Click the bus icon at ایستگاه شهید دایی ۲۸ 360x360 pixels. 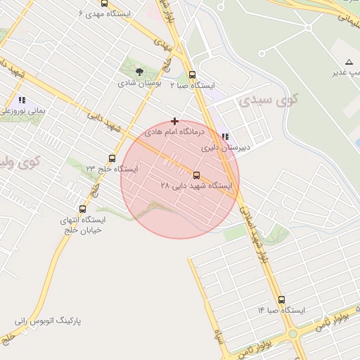tap(196, 175)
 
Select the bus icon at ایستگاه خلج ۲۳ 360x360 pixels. tap(112, 158)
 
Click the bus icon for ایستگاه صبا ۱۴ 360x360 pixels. tap(281, 300)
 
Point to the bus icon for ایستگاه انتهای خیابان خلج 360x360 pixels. tap(83, 209)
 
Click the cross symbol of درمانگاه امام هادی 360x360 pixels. tap(174, 122)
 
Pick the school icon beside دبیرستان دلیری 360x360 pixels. tap(225, 137)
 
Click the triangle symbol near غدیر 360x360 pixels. tap(349, 62)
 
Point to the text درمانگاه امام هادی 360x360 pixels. tap(174, 132)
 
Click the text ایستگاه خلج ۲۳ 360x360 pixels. tap(112, 169)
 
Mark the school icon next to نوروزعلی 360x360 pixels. tap(22, 100)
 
